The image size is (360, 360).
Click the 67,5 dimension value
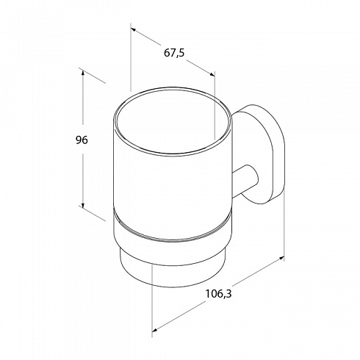(x=174, y=53)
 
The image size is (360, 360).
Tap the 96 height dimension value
(x=82, y=140)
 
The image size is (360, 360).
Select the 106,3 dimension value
(x=218, y=294)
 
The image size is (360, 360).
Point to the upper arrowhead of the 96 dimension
(x=83, y=73)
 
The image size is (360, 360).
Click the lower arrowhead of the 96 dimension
(x=83, y=205)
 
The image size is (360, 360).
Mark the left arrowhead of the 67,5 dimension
(x=134, y=29)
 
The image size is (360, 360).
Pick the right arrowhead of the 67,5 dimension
(x=212, y=74)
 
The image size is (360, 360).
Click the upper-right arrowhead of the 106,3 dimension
(x=281, y=258)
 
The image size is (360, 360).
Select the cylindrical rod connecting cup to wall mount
(x=245, y=181)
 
